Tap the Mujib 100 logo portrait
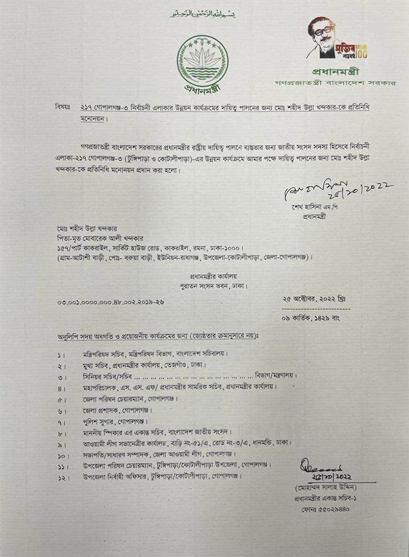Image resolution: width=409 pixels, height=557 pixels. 324,38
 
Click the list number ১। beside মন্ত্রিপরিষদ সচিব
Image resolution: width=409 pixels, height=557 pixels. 60,354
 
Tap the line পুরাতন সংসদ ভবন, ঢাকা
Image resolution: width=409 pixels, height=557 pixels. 209,286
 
